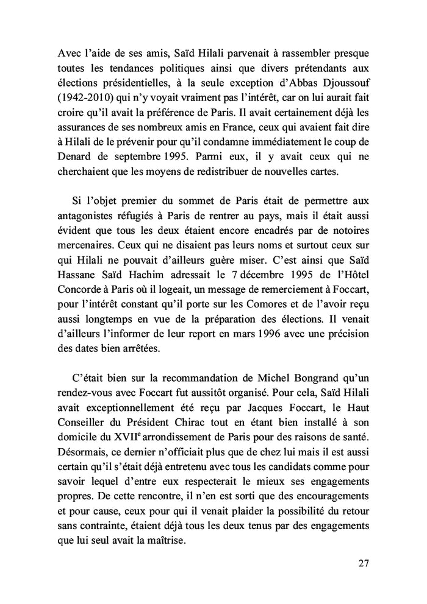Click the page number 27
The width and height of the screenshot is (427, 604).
[x=363, y=563]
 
